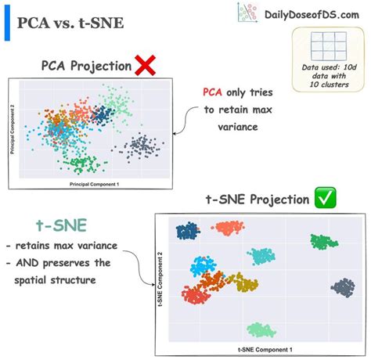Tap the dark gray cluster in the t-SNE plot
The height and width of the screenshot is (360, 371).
click(x=342, y=288)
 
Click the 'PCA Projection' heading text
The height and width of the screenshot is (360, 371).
click(x=86, y=66)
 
